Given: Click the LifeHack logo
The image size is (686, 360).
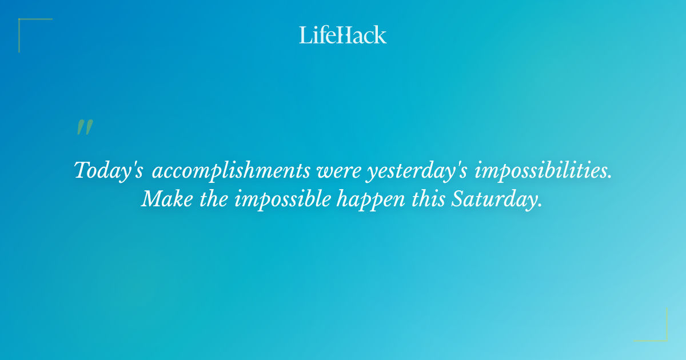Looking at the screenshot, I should click(343, 35).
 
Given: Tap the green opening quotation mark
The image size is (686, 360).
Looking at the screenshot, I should click(85, 127).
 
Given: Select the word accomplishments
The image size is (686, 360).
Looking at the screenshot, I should click(231, 170).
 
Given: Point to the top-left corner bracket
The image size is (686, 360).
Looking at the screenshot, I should click(21, 21).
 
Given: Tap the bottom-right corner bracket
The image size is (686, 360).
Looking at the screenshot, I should click(665, 339).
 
